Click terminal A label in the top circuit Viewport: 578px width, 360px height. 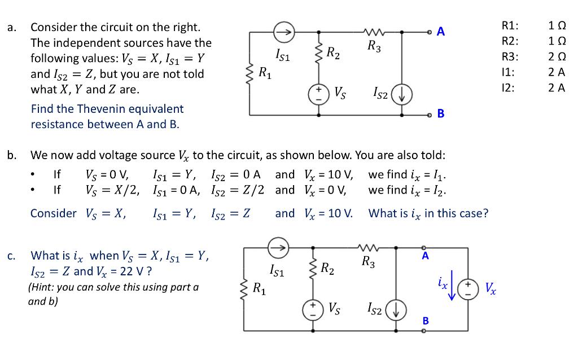(441, 32)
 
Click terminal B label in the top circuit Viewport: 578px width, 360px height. (441, 113)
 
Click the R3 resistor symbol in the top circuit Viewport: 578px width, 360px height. (374, 33)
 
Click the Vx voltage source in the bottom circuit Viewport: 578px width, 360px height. (467, 288)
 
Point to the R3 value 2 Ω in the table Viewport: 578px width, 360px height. (557, 56)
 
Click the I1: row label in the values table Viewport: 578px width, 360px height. (507, 72)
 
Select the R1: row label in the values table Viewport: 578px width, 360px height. (510, 26)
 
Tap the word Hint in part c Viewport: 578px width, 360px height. (45, 287)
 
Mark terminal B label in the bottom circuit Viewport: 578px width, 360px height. (426, 321)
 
